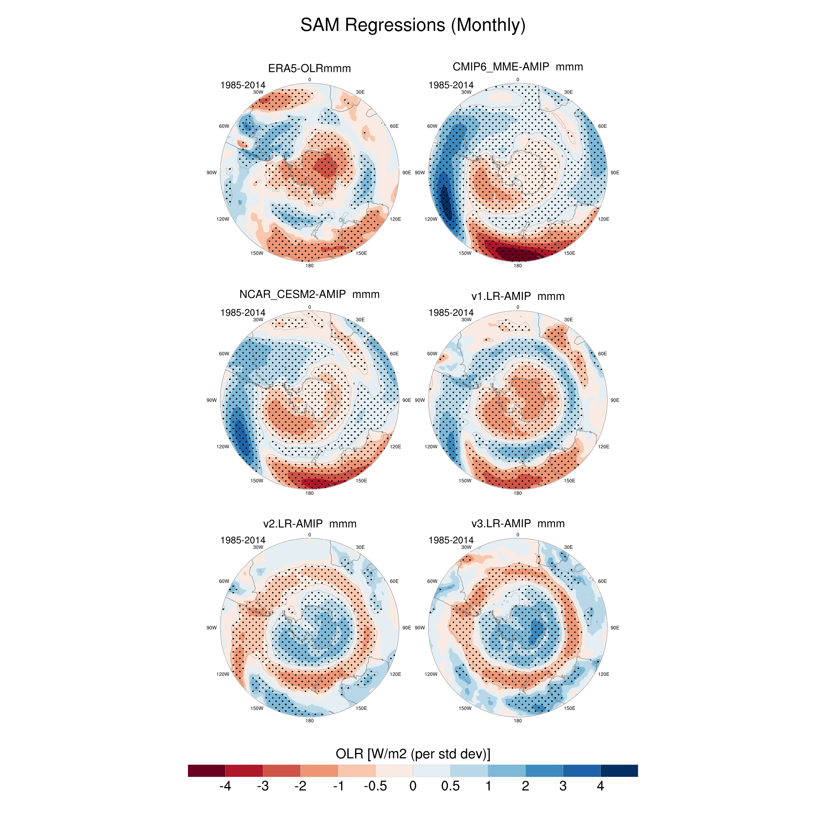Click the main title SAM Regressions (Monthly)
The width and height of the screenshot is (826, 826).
(413, 25)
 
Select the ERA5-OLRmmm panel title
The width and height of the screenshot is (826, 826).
(309, 68)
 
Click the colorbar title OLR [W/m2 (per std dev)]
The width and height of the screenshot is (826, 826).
(413, 753)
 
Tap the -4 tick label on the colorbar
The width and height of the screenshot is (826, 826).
(225, 786)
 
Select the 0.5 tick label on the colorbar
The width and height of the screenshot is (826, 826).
(450, 786)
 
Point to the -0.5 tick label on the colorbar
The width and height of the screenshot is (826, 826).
(375, 786)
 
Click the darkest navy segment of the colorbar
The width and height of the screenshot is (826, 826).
(619, 771)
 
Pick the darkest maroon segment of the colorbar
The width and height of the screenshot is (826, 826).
(206, 771)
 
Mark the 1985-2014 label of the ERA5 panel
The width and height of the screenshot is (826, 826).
(242, 85)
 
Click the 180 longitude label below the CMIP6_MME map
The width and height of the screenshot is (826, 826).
(517, 265)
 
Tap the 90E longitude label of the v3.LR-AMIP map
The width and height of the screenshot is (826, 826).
(615, 628)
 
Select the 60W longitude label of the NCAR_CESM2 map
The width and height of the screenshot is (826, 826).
(224, 354)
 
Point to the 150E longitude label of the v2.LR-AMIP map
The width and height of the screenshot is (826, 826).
(361, 708)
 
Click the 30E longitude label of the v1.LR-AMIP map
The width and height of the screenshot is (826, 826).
(568, 319)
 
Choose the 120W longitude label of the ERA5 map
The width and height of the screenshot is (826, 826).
(223, 219)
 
